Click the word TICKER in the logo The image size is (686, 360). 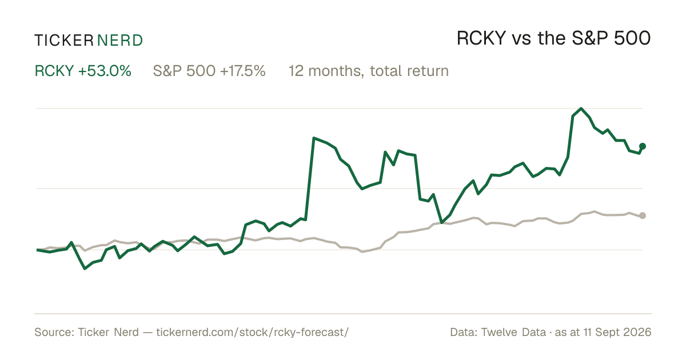(x=64, y=41)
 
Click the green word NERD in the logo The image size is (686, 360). (x=120, y=41)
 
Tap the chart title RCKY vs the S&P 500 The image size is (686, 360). (x=554, y=38)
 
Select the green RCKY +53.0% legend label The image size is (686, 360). (x=83, y=71)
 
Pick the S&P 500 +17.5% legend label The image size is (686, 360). (x=209, y=71)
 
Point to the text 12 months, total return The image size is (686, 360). (x=369, y=71)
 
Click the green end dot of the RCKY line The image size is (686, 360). (x=643, y=146)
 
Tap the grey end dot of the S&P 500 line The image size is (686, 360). (x=643, y=215)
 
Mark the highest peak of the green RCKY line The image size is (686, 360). (x=581, y=109)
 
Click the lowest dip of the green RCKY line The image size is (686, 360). (x=85, y=269)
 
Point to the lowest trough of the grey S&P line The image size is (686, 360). (x=362, y=251)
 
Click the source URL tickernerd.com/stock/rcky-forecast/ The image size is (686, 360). (x=253, y=332)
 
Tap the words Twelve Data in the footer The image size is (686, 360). (x=513, y=332)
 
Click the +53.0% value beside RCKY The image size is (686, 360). (x=105, y=71)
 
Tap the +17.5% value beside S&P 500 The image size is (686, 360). (x=243, y=71)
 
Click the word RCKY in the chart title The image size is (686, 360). (x=481, y=38)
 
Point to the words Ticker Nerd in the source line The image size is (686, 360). (x=109, y=332)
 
